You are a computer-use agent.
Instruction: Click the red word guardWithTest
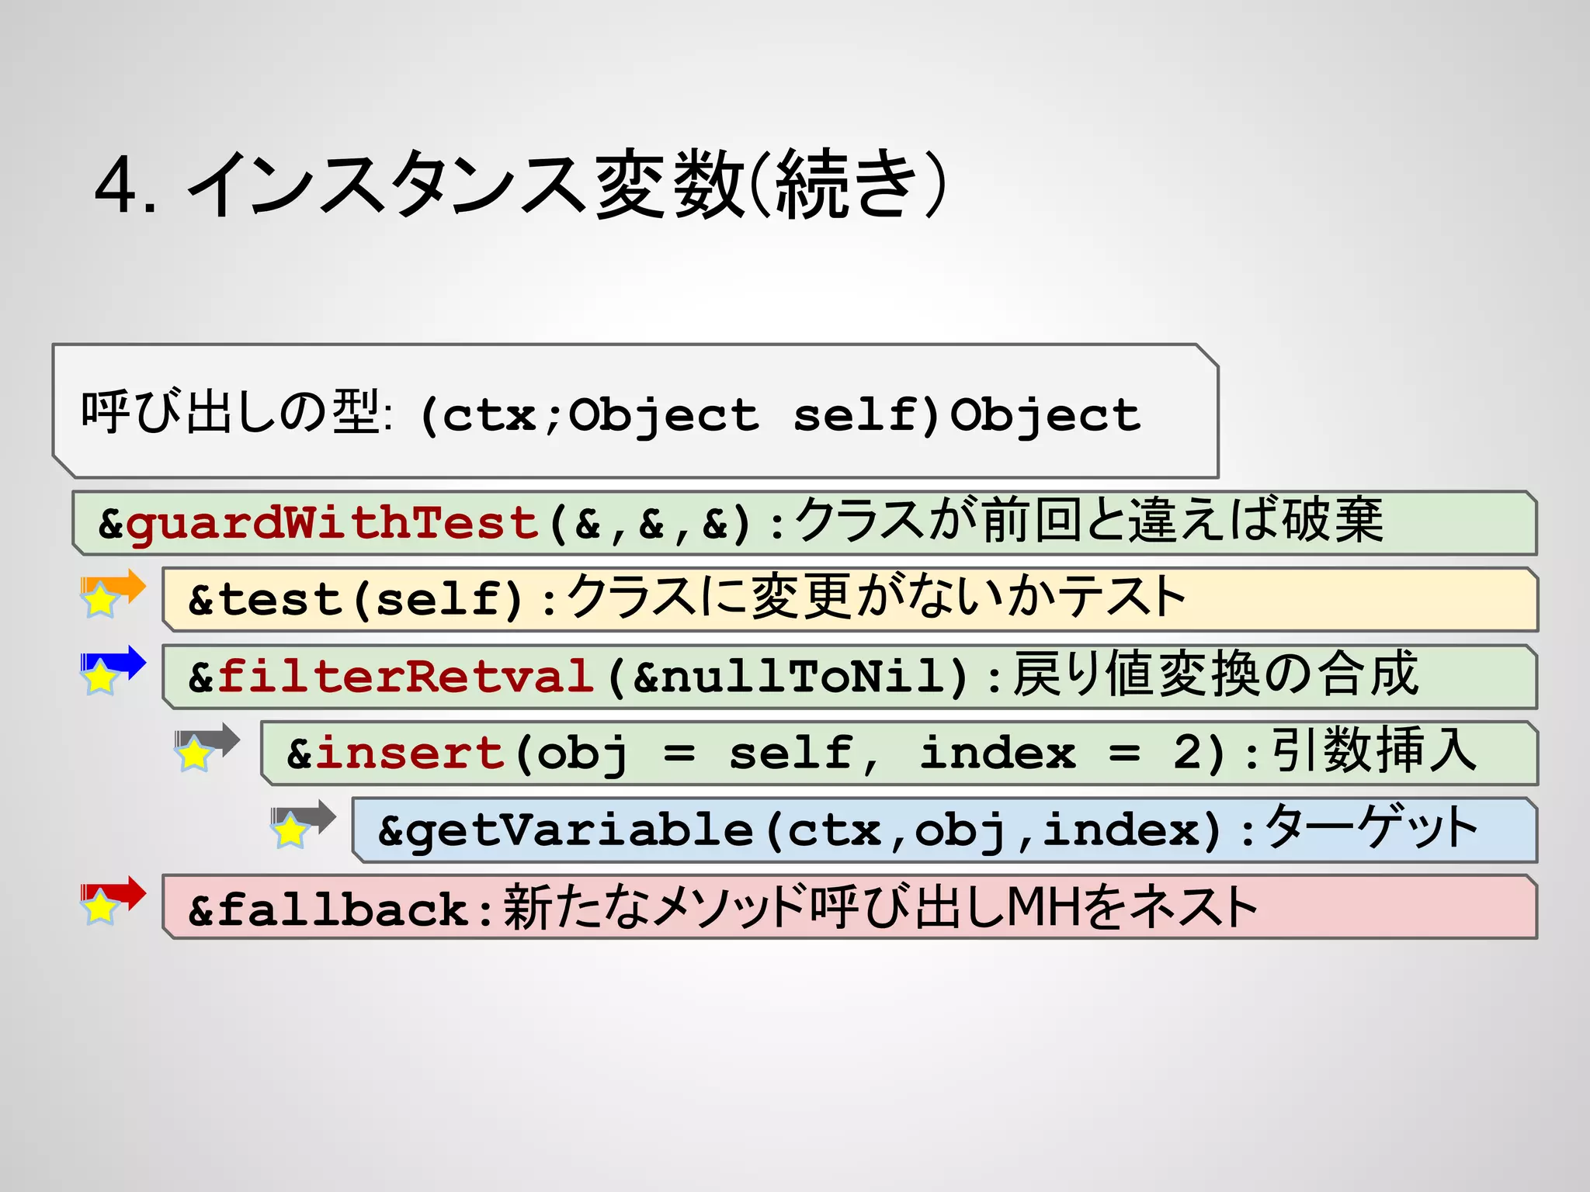332,523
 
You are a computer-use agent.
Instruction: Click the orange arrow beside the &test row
124,585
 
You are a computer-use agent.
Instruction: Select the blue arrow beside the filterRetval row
124,662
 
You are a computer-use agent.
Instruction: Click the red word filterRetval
405,677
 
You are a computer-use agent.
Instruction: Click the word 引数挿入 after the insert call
1373,750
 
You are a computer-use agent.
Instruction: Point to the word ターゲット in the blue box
1371,827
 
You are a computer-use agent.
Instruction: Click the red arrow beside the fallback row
124,892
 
